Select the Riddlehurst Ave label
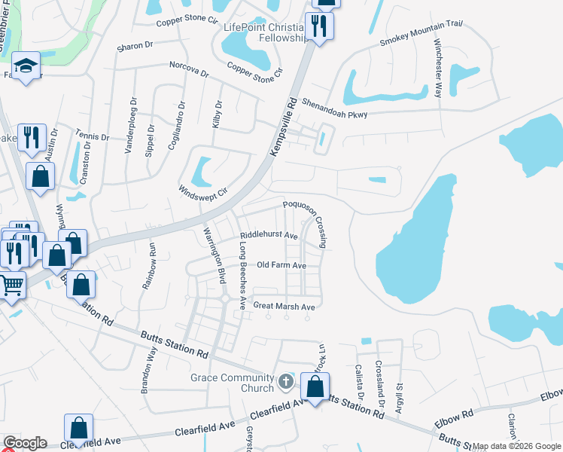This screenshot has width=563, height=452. [x=269, y=235]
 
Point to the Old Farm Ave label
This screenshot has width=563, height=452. [x=281, y=265]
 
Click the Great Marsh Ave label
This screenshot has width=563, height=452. [x=284, y=306]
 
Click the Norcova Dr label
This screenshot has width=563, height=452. [x=188, y=70]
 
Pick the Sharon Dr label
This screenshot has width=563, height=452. [x=135, y=47]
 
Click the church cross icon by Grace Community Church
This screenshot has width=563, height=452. [x=285, y=382]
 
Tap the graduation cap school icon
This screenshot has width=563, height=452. [x=27, y=66]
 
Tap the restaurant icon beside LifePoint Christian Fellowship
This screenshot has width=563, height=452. [x=321, y=27]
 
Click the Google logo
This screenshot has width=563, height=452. [x=25, y=443]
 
